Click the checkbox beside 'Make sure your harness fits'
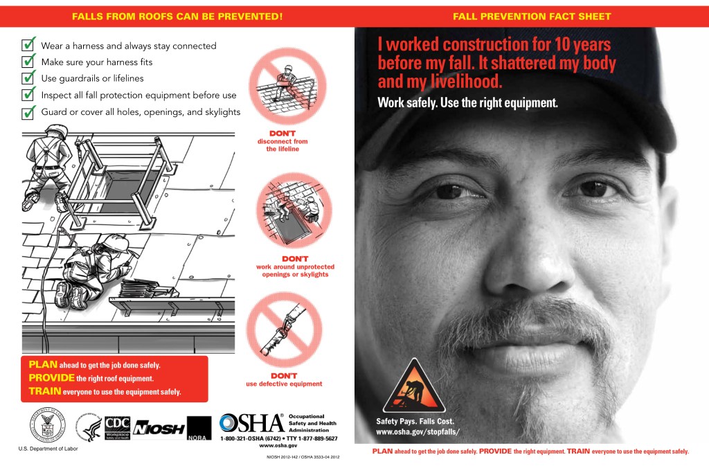(28, 62)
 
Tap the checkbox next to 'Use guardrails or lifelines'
(28, 78)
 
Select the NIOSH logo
(159, 429)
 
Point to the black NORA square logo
(199, 429)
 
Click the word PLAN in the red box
(42, 364)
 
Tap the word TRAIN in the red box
(45, 391)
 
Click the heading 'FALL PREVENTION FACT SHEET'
(532, 16)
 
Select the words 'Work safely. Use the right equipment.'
(467, 103)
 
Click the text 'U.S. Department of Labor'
(48, 449)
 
